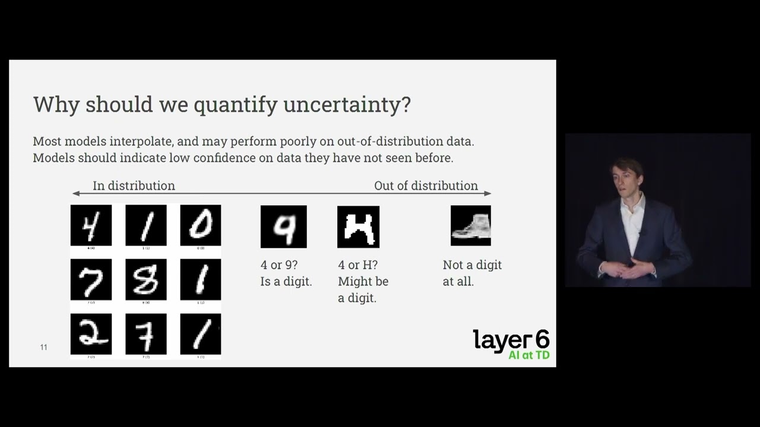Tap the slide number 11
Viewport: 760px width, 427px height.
43,347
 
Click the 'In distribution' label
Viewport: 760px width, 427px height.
134,186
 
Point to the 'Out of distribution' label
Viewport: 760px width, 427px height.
426,186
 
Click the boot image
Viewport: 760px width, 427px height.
470,225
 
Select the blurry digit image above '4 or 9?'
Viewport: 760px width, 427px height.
283,227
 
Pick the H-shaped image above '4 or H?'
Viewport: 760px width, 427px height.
358,227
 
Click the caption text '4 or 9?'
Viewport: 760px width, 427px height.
278,265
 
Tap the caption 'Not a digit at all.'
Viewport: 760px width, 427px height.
472,273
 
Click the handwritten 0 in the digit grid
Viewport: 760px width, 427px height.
200,225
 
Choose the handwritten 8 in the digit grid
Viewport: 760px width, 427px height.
145,279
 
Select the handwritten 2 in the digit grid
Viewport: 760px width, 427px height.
91,334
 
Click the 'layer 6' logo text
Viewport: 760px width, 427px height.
511,340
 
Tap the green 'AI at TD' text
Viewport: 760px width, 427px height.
528,355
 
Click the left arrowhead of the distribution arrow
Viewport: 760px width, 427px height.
75,193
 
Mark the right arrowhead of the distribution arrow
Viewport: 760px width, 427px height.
488,193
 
